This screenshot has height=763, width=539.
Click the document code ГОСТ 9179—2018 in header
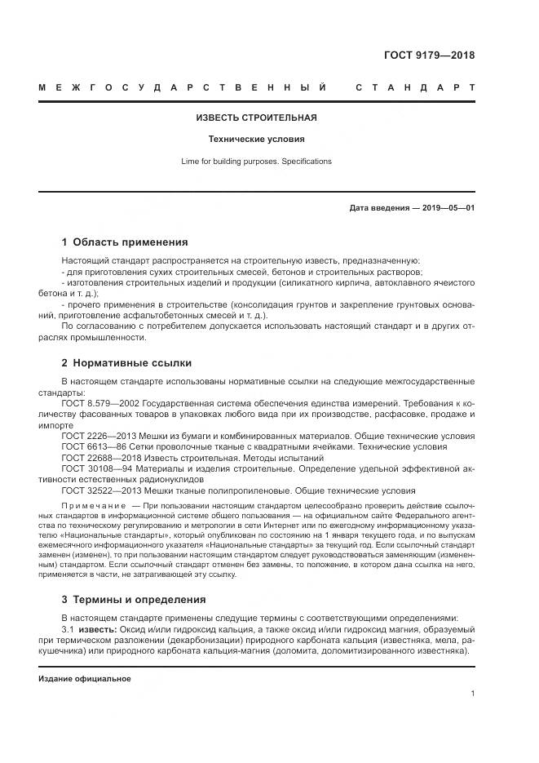(x=429, y=56)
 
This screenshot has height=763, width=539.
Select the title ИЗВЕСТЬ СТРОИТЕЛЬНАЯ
(x=256, y=118)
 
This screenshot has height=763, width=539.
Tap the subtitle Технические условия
(x=256, y=140)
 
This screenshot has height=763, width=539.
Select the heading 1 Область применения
(x=125, y=242)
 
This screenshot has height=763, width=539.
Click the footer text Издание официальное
(x=84, y=678)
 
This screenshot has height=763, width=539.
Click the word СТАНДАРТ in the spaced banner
(x=415, y=87)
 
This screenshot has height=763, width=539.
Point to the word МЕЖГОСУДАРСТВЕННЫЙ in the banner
(x=183, y=87)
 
